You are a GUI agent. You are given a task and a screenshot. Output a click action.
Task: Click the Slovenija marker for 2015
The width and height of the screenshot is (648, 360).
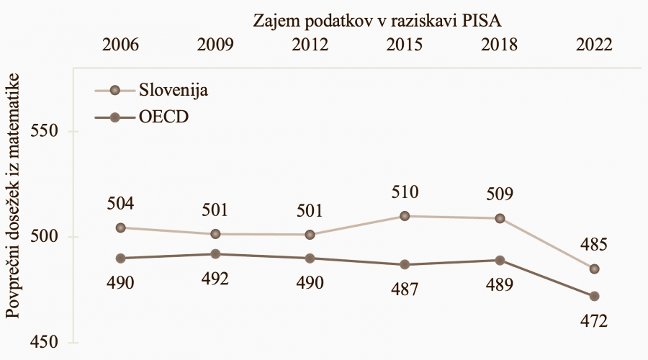click(405, 216)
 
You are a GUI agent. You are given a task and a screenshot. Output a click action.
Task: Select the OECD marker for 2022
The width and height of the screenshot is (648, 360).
click(594, 296)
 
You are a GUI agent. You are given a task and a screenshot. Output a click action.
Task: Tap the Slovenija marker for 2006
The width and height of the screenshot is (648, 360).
click(121, 228)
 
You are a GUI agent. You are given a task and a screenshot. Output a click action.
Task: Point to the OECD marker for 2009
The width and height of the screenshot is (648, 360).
click(215, 253)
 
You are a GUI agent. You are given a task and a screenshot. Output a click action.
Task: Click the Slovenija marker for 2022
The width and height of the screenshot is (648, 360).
click(594, 269)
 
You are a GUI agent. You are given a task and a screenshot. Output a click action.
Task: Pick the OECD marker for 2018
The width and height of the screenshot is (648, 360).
click(500, 260)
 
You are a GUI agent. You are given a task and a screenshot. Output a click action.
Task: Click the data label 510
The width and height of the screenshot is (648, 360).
click(405, 193)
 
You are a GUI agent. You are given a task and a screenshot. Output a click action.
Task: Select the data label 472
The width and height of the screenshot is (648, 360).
click(594, 320)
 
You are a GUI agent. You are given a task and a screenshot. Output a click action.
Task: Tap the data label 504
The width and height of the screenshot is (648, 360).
click(121, 204)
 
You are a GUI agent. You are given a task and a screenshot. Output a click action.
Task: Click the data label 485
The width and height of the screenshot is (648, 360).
click(594, 246)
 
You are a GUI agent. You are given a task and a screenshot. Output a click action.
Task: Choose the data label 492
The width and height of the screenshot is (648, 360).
click(215, 278)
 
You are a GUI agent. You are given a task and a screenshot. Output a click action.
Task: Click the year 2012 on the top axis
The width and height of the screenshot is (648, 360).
click(310, 44)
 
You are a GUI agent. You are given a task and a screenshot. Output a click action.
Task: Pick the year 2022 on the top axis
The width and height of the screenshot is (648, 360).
click(594, 44)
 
